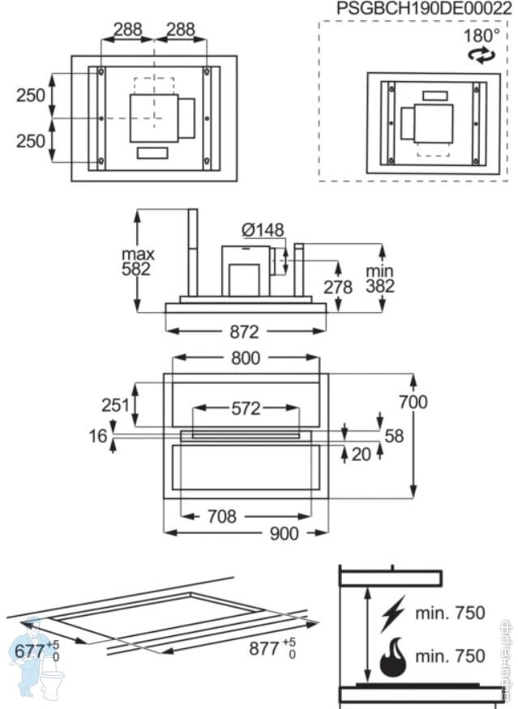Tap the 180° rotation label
tap(482, 36)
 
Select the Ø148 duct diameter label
tap(263, 230)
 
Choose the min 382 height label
tap(379, 278)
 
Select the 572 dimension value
tap(246, 408)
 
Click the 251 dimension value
tap(117, 404)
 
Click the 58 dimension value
tap(394, 436)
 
